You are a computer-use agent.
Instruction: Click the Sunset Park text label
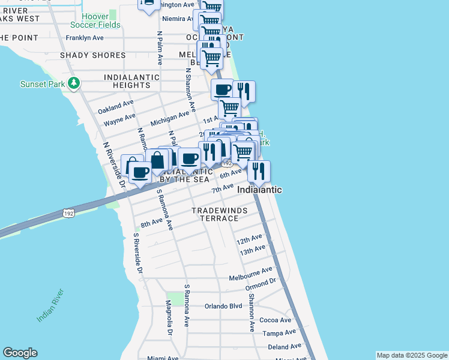click(42, 84)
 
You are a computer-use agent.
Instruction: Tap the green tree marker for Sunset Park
click(74, 83)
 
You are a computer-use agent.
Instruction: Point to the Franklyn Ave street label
click(85, 37)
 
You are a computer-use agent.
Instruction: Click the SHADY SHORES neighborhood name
click(92, 55)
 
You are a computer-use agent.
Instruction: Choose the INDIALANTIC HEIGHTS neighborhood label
click(131, 82)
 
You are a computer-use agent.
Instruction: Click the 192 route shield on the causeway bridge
click(69, 213)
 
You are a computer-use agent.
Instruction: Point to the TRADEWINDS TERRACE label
click(215, 214)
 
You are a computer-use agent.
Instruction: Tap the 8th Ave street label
click(152, 223)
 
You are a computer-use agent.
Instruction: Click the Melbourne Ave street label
click(250, 274)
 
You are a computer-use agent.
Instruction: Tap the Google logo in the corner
click(20, 353)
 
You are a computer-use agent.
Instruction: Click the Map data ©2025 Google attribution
click(412, 355)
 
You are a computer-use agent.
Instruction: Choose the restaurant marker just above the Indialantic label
click(259, 172)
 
